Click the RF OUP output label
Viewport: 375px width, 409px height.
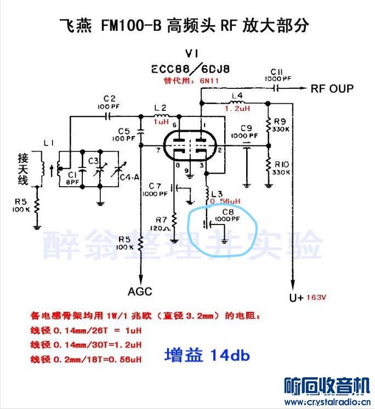coord(332,88)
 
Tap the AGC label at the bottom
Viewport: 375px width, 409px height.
coord(140,291)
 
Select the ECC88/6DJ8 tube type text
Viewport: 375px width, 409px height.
coord(191,69)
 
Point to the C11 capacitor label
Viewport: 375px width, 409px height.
coord(276,72)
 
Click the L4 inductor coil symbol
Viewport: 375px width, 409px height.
coord(237,102)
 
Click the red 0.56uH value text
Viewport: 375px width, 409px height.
coord(224,201)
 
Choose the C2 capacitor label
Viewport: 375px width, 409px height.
coord(109,98)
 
